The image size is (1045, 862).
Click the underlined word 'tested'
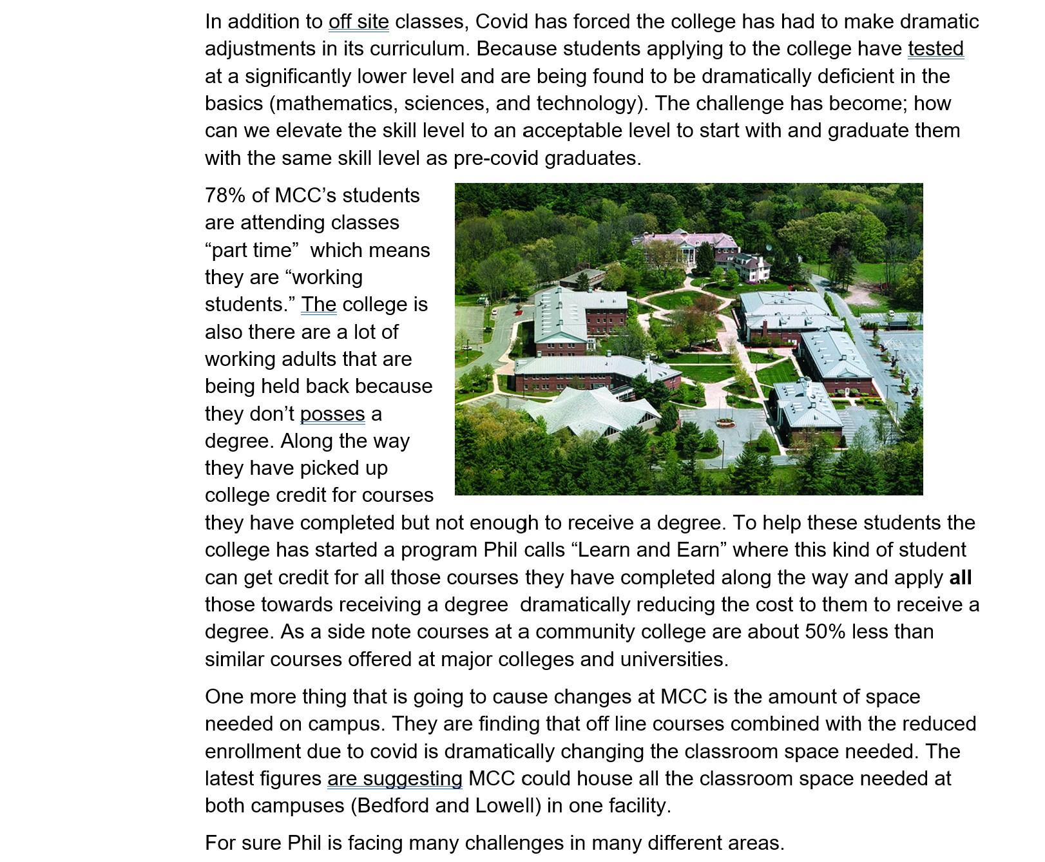coord(935,49)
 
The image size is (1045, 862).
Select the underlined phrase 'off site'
coord(358,22)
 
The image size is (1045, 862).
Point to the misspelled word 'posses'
coord(332,414)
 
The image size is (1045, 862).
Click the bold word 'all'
coord(960,577)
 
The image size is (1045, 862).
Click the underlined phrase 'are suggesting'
coord(394,779)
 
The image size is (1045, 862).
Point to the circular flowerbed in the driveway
coord(725,423)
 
